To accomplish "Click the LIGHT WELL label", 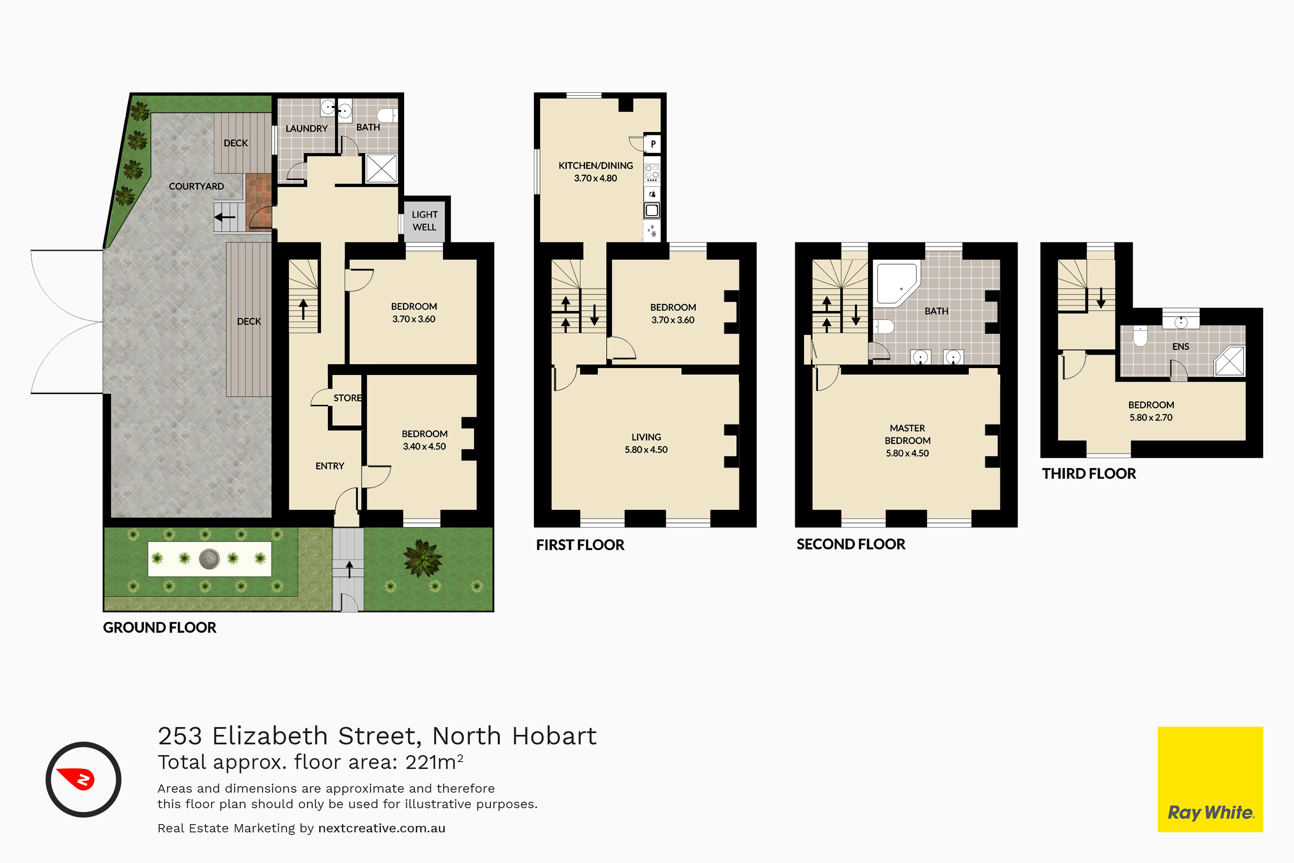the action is [x=424, y=220].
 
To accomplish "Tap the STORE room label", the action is [x=347, y=398].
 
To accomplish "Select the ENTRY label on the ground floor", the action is [x=330, y=466].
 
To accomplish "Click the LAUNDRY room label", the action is [x=306, y=129].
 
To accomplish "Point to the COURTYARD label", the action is [x=196, y=186].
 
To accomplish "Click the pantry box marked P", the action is [x=653, y=144].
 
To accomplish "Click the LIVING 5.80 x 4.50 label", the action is [x=646, y=443].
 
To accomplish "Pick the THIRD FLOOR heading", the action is [x=1089, y=474].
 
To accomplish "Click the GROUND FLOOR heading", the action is [x=160, y=627].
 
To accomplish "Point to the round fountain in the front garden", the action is [x=209, y=559].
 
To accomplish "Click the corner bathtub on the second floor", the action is [x=896, y=284].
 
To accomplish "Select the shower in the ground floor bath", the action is [x=381, y=168].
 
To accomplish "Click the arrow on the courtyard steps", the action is [x=225, y=217].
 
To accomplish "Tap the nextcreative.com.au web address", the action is [x=382, y=828].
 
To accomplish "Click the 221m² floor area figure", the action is [x=434, y=762].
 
